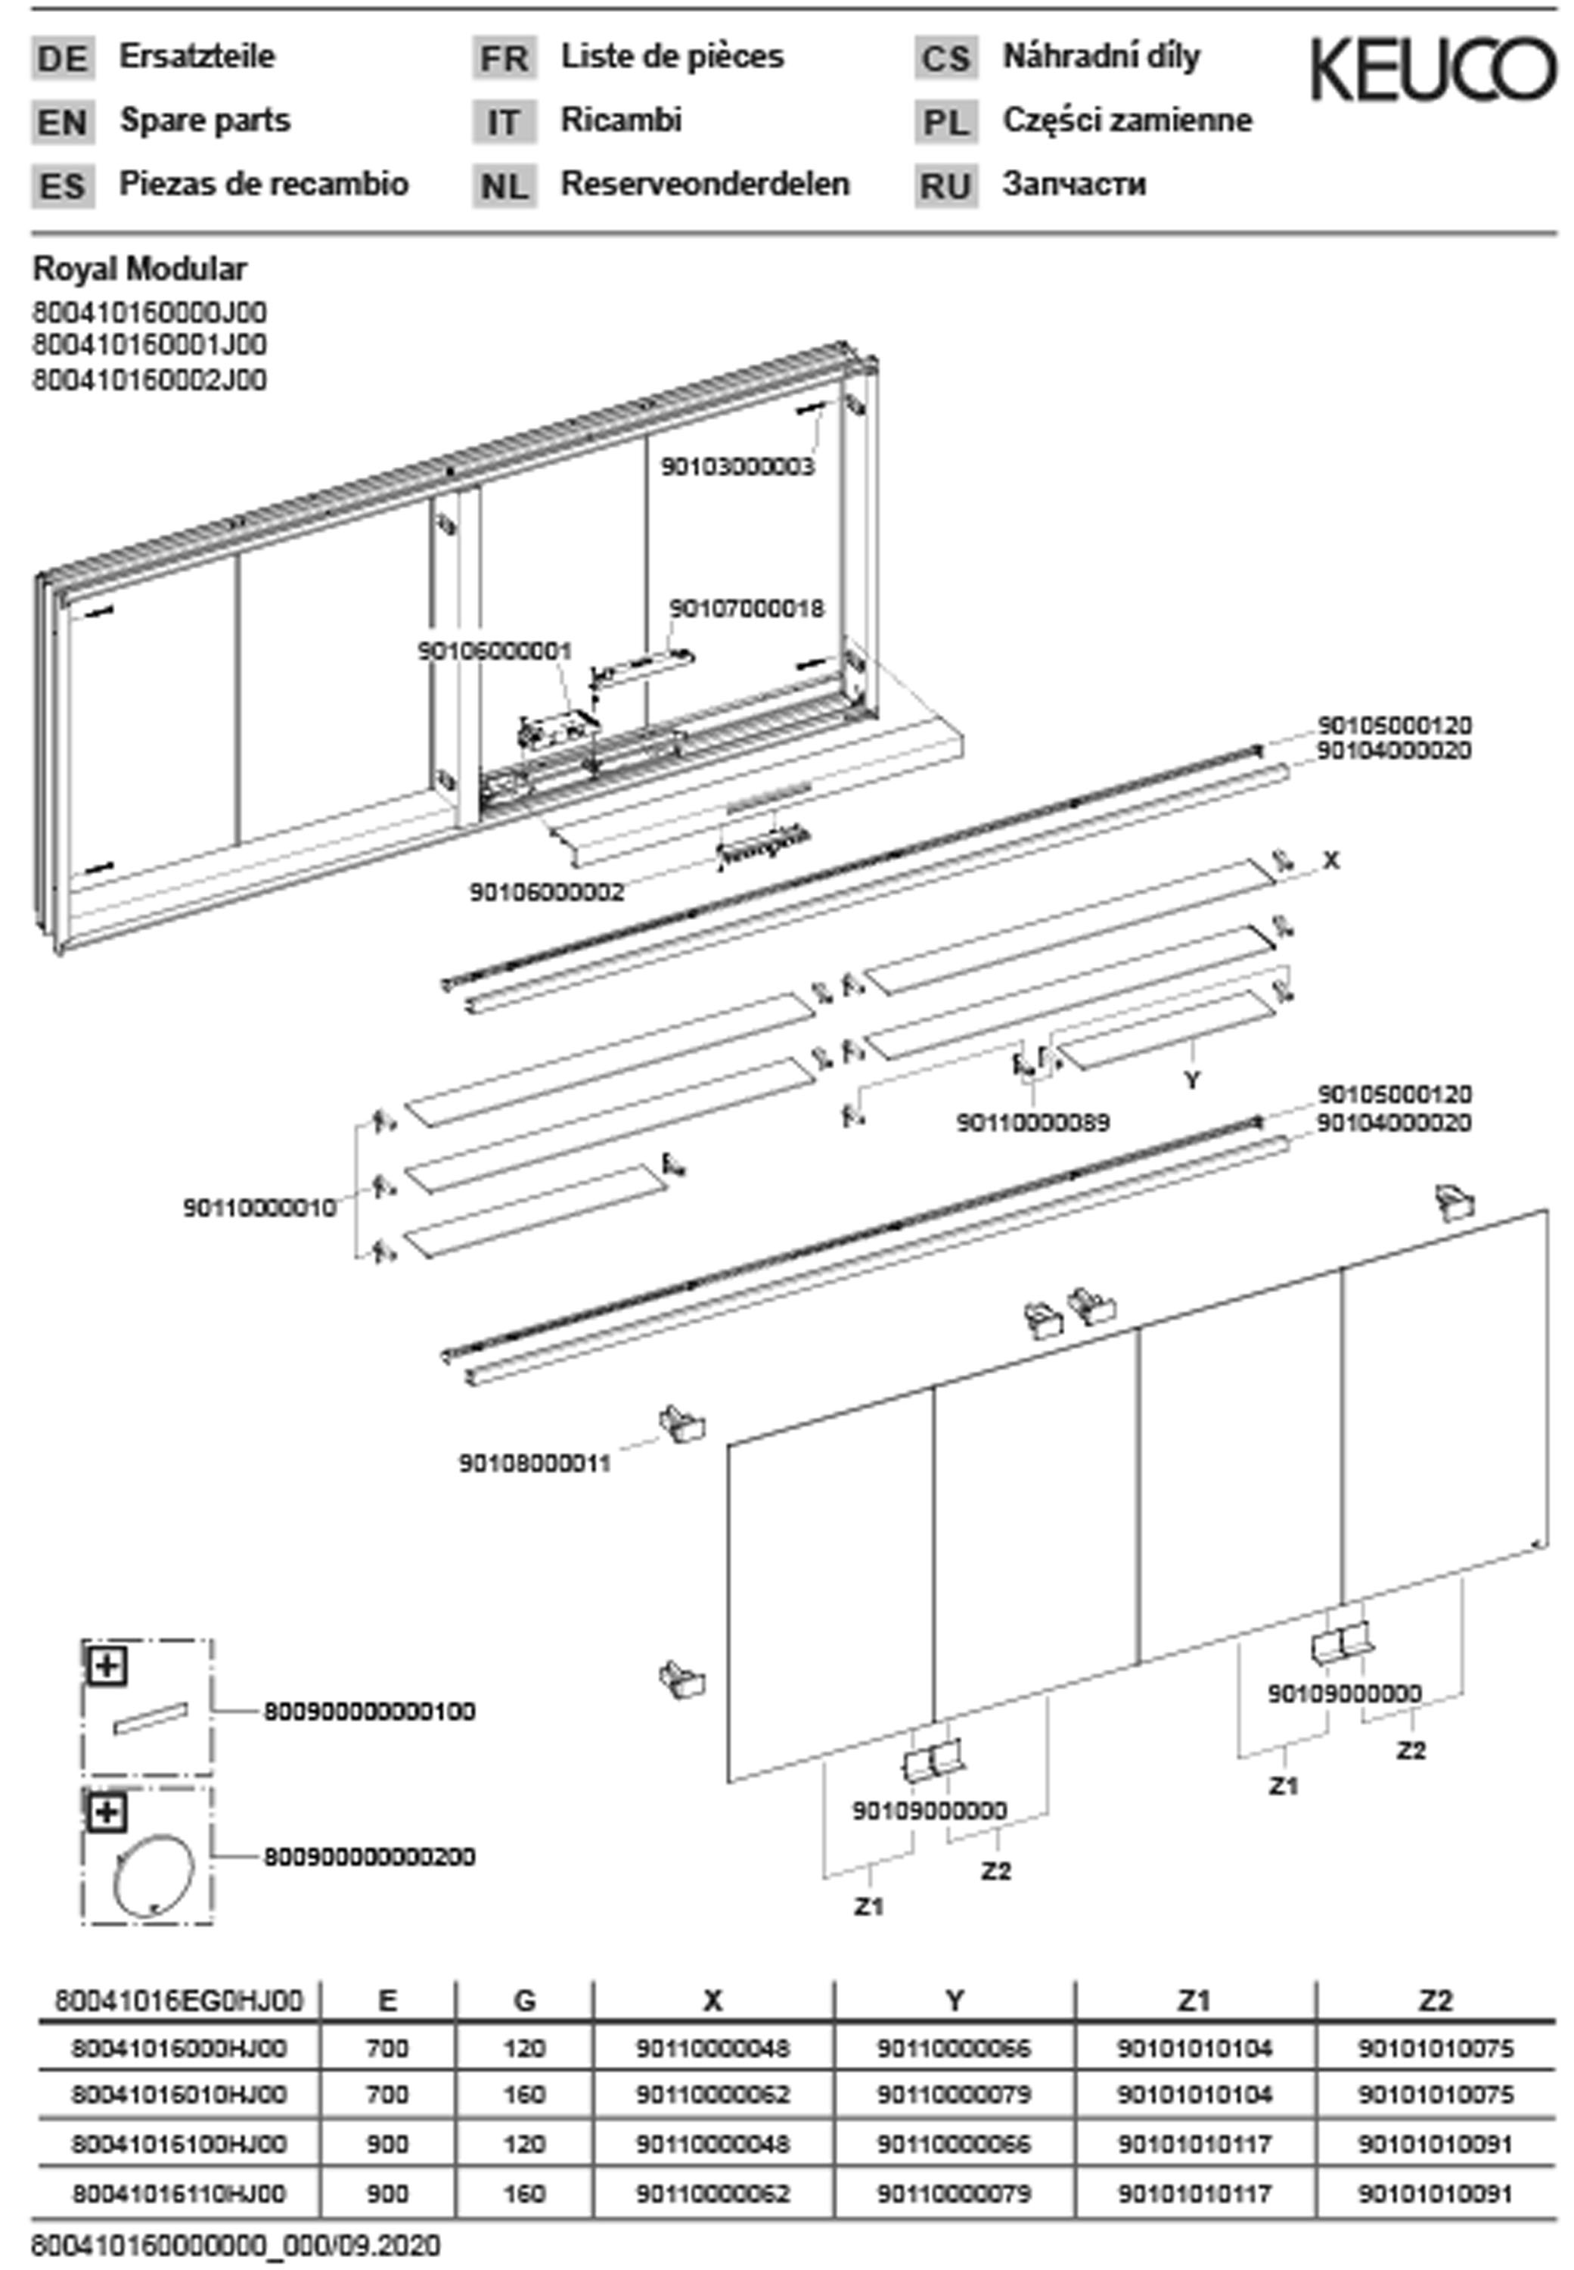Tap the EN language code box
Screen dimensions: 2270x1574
click(x=62, y=123)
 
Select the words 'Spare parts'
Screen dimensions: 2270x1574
click(x=205, y=120)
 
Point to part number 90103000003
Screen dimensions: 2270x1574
click(x=737, y=467)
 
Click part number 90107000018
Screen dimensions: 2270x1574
click(x=747, y=608)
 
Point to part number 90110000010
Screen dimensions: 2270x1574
click(x=259, y=1207)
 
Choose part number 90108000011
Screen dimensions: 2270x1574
click(x=535, y=1463)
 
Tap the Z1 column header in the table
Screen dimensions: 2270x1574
click(x=1194, y=2001)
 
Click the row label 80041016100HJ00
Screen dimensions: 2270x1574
click(x=179, y=2143)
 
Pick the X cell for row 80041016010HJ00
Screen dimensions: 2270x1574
click(x=713, y=2094)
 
